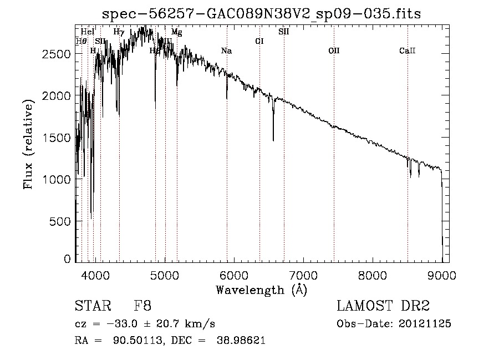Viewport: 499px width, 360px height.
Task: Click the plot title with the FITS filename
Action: [262, 14]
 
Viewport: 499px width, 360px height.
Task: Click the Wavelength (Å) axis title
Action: [261, 290]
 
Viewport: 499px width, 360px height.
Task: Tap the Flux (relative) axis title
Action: [28, 141]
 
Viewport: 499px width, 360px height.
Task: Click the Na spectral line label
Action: [226, 51]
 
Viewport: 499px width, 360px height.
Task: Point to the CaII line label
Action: [407, 51]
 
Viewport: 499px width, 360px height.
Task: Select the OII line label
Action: [334, 51]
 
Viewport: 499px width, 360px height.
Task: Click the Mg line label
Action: [176, 32]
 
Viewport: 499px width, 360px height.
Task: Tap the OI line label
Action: [259, 41]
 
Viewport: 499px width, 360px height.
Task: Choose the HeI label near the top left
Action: [88, 32]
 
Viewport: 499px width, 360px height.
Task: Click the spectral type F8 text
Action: [142, 306]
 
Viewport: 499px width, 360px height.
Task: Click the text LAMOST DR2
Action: [383, 306]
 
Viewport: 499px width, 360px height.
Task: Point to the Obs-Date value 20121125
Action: [429, 324]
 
